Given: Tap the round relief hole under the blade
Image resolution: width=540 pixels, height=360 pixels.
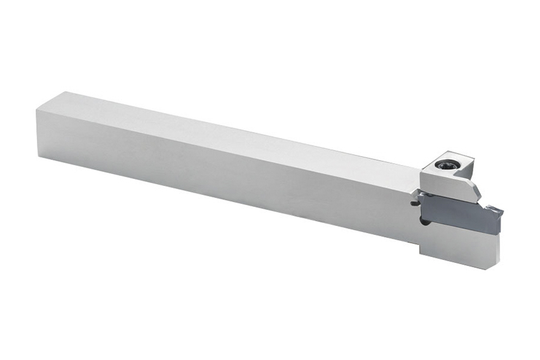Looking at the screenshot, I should (422, 222).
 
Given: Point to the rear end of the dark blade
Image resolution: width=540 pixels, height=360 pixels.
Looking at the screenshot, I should (419, 199).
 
